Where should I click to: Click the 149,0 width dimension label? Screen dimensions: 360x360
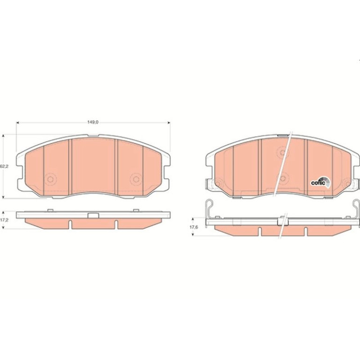coord(93,122)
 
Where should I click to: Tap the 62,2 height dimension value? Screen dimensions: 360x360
coord(4,166)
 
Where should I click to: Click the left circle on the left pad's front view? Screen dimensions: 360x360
coord(50,179)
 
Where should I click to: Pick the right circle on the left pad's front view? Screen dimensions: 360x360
coord(136,179)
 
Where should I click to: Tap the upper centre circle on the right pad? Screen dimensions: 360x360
coord(283,152)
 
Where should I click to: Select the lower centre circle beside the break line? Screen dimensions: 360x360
coord(283,178)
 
